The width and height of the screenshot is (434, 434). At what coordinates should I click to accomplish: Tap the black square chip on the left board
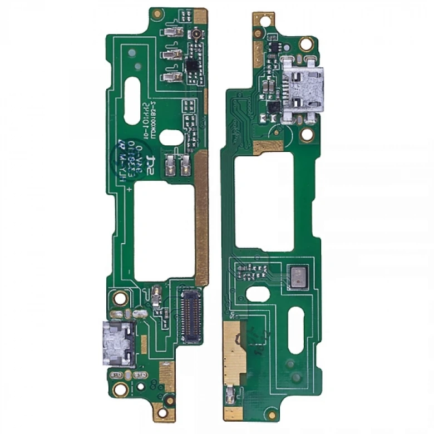pyautogui.click(x=192, y=66)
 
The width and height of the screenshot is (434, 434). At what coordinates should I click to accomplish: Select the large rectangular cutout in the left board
pyautogui.click(x=164, y=231)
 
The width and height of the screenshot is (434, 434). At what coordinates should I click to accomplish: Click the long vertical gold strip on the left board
pyautogui.click(x=201, y=217)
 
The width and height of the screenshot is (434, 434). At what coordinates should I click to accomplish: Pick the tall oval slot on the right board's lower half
pyautogui.click(x=295, y=333)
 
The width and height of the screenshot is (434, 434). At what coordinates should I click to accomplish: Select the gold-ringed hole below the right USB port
pyautogui.click(x=305, y=134)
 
